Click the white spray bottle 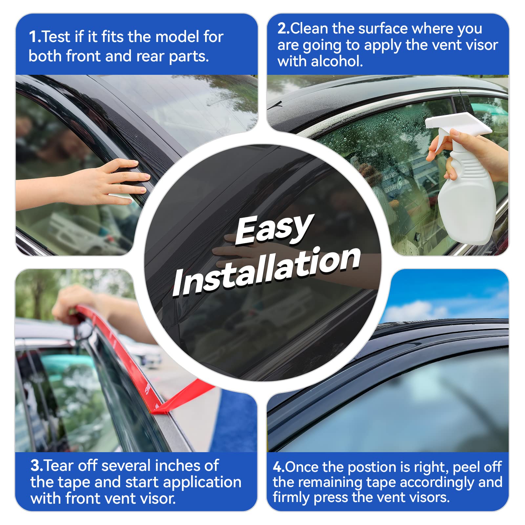[466, 197]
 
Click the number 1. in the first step [35, 37]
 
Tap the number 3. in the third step [36, 466]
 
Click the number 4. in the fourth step [279, 467]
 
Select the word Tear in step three [59, 466]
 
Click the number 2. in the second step [283, 29]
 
